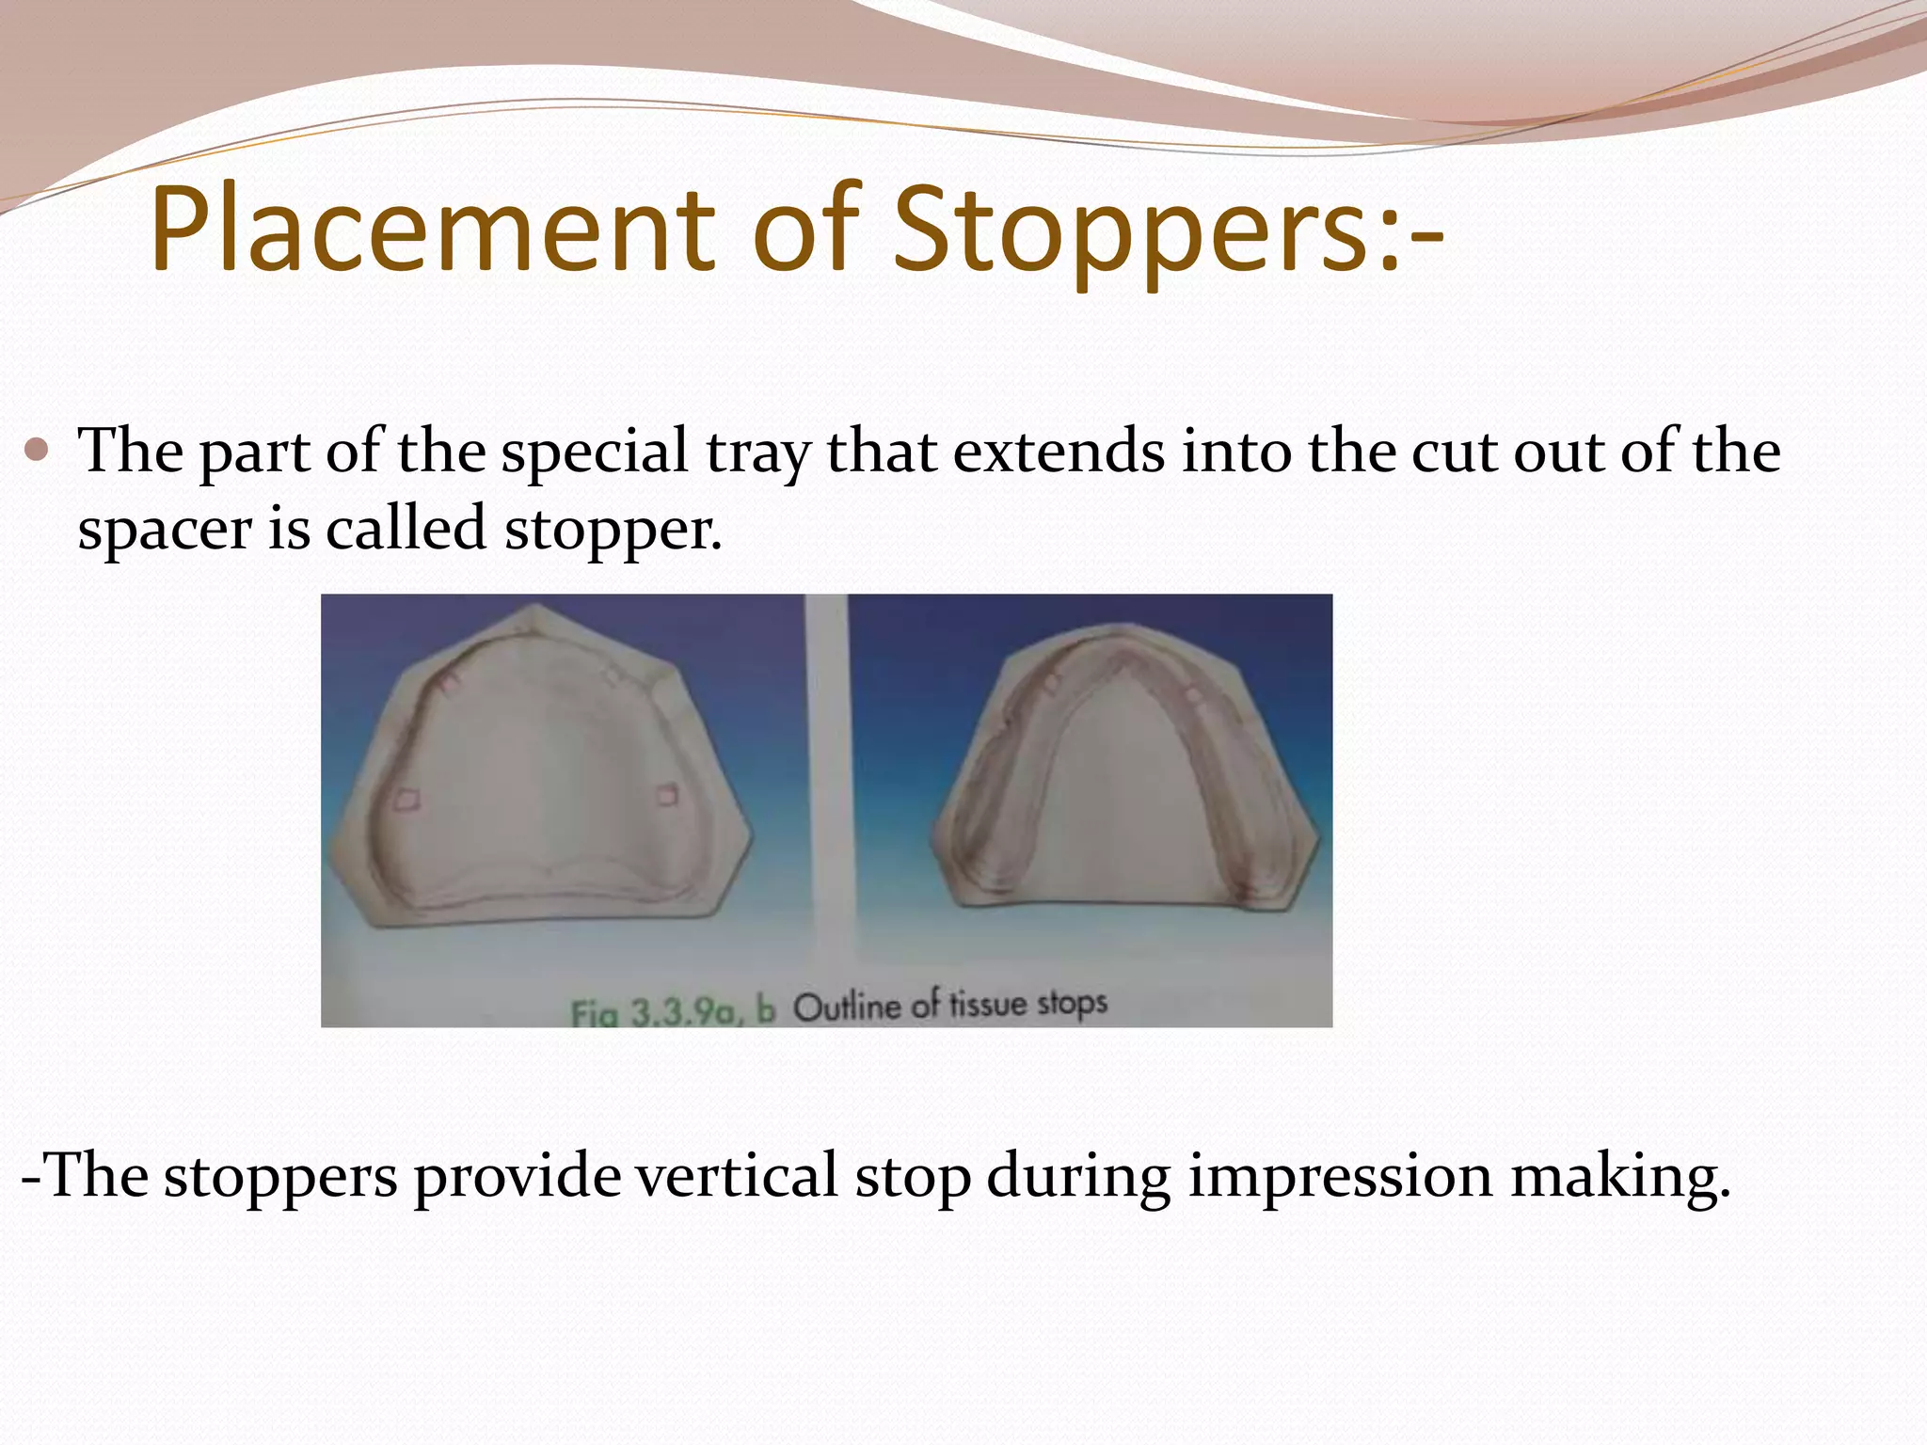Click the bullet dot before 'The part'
37,451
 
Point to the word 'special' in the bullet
595,452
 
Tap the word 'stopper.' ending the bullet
613,530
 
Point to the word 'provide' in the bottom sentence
518,1176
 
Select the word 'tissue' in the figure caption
989,1005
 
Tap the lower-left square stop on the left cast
406,800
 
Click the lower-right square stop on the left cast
666,796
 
